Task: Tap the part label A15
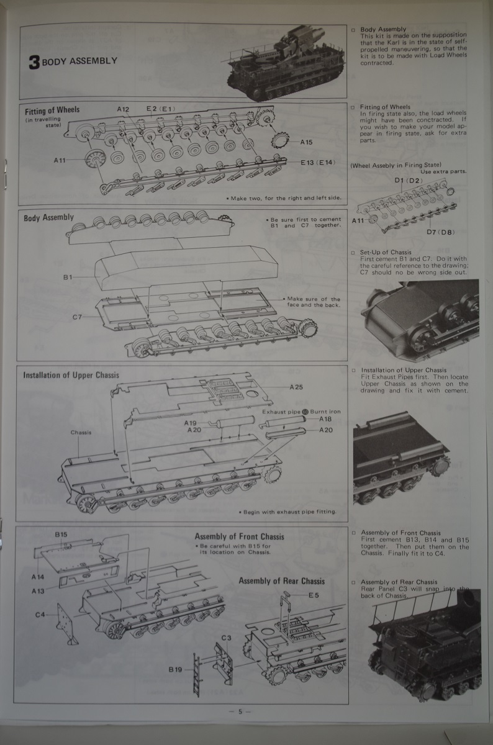click(306, 142)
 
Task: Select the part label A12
click(122, 109)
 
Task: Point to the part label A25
click(297, 387)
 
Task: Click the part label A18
click(325, 420)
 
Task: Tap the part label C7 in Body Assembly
click(77, 317)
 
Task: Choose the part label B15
click(60, 535)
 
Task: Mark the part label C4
click(41, 615)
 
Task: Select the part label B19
click(175, 669)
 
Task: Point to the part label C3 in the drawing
click(227, 638)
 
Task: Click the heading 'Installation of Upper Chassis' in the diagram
click(71, 375)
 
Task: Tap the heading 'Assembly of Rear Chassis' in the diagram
click(281, 581)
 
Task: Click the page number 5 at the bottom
click(239, 711)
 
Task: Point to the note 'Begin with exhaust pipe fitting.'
click(287, 512)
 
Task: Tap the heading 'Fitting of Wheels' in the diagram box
click(52, 110)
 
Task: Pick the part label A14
click(37, 577)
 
